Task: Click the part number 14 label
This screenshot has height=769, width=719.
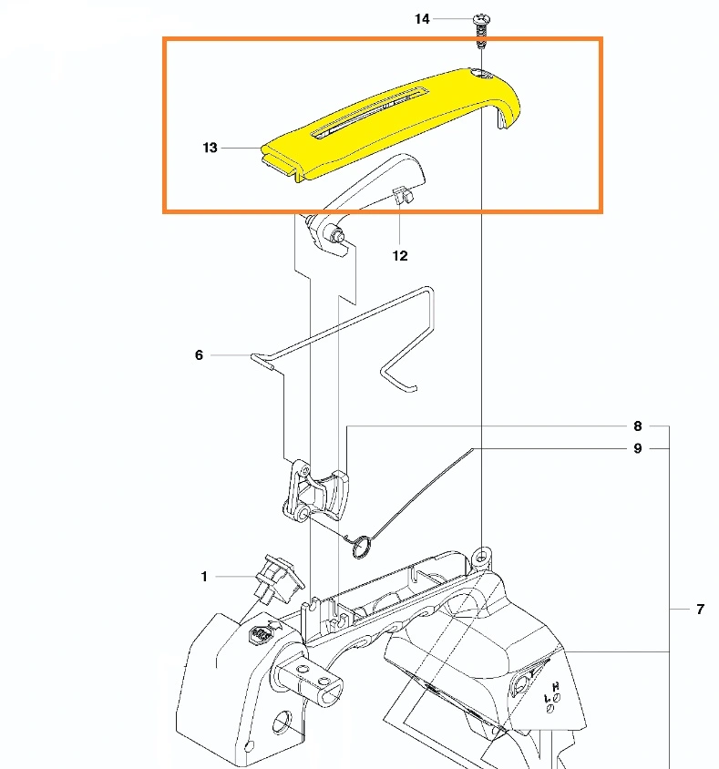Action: [422, 19]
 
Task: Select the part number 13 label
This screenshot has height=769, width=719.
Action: [210, 148]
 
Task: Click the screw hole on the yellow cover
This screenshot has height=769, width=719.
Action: [482, 75]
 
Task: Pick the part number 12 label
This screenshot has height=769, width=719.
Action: [400, 256]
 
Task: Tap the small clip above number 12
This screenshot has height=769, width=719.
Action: [403, 195]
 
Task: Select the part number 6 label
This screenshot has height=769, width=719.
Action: [199, 355]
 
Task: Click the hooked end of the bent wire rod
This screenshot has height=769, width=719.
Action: [397, 380]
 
